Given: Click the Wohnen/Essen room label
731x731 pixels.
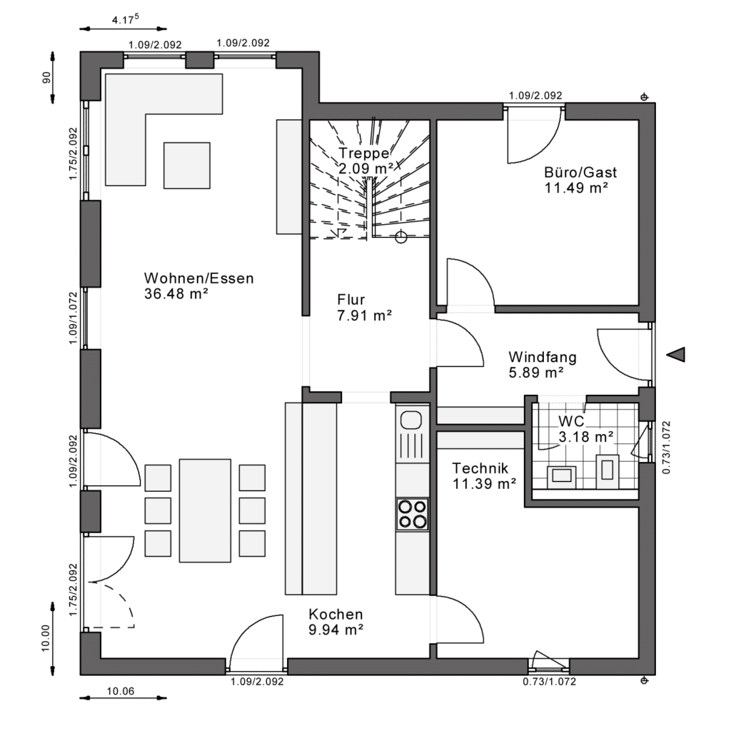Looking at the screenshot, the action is [x=199, y=278].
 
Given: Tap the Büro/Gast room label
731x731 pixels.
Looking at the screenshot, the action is [x=580, y=173].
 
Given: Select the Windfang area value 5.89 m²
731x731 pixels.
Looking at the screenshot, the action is [x=536, y=373].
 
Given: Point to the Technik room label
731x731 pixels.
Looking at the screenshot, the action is [x=480, y=468].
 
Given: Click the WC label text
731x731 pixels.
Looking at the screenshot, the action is [x=571, y=421].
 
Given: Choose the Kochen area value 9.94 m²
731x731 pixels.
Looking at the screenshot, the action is [x=336, y=630].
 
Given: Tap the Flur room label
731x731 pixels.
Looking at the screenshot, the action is [x=351, y=299].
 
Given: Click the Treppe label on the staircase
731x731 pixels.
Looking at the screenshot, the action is [x=364, y=153].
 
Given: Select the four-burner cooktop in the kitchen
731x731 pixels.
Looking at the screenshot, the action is [x=412, y=514].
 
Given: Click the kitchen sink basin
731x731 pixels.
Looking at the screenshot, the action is [x=410, y=420].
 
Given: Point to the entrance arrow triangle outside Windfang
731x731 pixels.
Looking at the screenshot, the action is [x=676, y=355].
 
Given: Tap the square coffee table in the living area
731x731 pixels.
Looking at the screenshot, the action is [x=186, y=166].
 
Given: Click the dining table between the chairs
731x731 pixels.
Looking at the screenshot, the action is [x=205, y=510].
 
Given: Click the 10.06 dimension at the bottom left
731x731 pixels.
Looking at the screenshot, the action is [x=120, y=691].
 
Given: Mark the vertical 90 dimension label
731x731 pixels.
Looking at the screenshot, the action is [x=46, y=78].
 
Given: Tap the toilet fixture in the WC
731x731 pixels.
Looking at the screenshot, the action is [x=608, y=471].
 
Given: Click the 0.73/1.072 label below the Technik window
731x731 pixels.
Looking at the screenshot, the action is [x=549, y=682].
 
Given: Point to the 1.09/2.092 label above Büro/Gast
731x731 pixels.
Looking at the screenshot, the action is [x=535, y=96].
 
